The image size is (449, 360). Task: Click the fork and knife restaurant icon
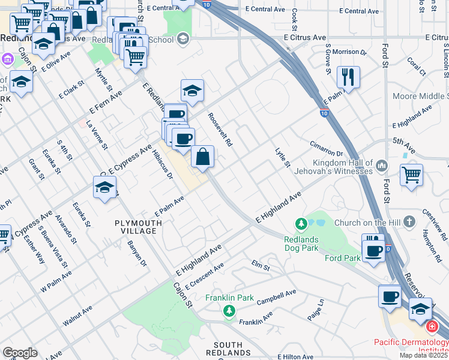tap(348, 76)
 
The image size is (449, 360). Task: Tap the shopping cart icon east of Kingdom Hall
tap(411, 175)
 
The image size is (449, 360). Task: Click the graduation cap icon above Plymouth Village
tap(105, 187)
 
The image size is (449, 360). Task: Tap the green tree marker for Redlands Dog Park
tap(301, 224)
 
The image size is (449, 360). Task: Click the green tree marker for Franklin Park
tap(228, 311)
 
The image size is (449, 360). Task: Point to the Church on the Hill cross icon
tap(409, 223)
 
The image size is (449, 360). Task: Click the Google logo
tap(20, 353)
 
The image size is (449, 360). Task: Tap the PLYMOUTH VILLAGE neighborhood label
tap(138, 227)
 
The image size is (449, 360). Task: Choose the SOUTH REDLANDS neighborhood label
tap(228, 349)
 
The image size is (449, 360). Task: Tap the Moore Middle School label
tap(420, 96)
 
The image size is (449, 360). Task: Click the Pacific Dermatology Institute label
tap(411, 346)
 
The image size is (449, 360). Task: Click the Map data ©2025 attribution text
tap(423, 355)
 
